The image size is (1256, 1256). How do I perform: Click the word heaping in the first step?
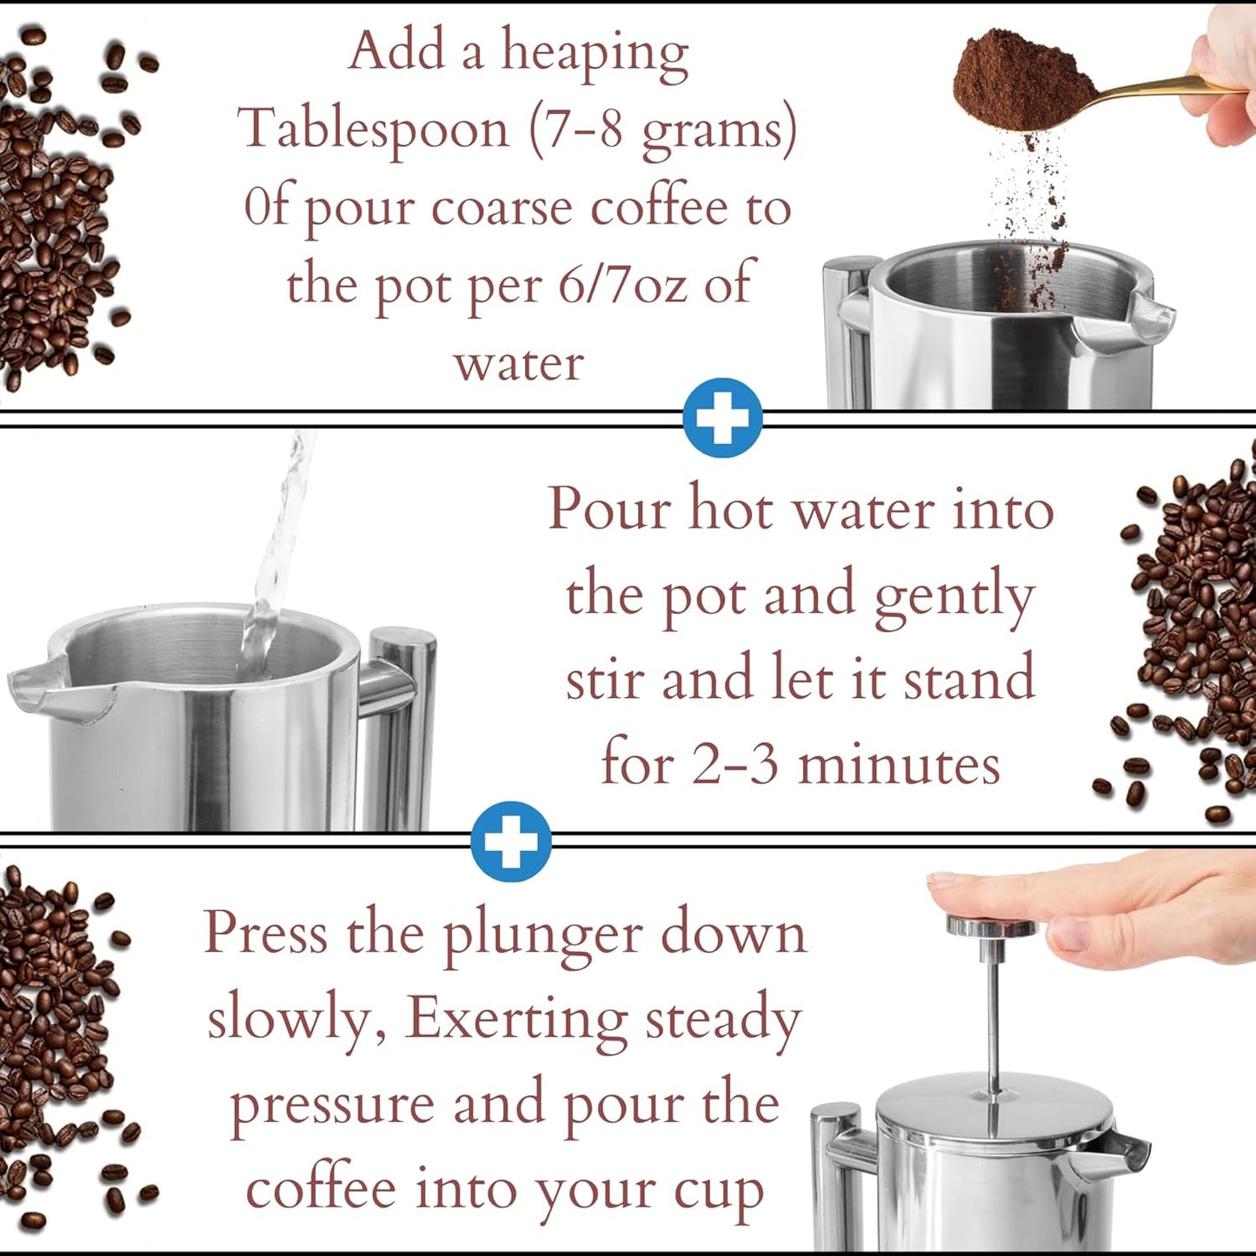click(x=595, y=54)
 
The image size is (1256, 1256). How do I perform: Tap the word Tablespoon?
click(x=374, y=130)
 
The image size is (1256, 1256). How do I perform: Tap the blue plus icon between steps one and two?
click(x=722, y=418)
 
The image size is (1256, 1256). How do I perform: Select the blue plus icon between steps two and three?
click(x=511, y=841)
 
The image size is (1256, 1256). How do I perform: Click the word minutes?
click(x=899, y=765)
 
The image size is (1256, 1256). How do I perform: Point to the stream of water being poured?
click(x=278, y=556)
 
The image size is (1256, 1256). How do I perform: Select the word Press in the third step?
click(x=266, y=934)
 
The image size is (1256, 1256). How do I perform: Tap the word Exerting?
click(x=517, y=1019)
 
